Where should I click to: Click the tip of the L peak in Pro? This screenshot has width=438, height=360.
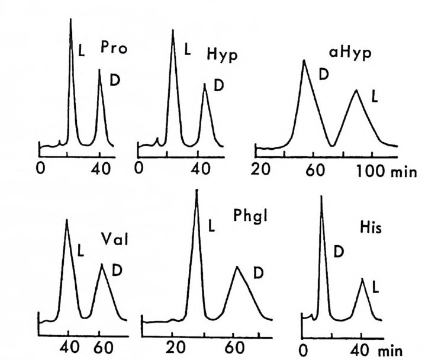(71, 20)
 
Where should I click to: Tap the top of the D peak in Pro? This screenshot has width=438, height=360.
(99, 69)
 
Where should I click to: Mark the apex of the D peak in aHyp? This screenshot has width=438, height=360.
(304, 60)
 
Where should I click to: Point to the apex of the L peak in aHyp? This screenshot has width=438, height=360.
(356, 91)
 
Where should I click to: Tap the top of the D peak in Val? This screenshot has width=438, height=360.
(102, 264)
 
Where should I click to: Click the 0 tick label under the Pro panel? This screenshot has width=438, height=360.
(40, 168)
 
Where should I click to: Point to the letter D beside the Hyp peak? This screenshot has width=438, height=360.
(218, 85)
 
